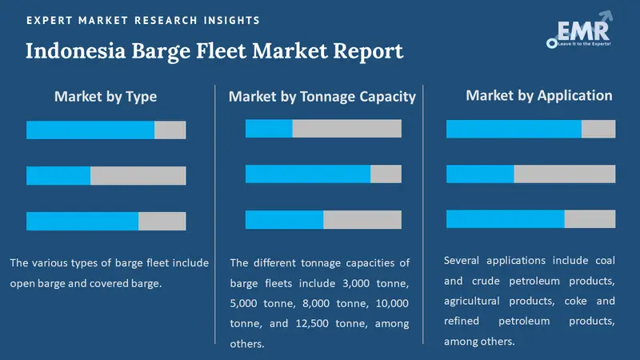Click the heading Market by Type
click(106, 97)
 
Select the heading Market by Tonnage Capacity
click(322, 97)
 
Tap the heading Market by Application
click(538, 95)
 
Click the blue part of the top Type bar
click(90, 130)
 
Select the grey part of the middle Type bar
click(138, 176)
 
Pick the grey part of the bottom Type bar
click(162, 221)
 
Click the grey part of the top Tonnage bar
click(346, 129)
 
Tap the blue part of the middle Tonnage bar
click(308, 174)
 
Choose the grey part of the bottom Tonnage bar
click(362, 220)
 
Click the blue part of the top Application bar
click(514, 129)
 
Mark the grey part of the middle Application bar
click(564, 174)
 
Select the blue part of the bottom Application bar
click(505, 219)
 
